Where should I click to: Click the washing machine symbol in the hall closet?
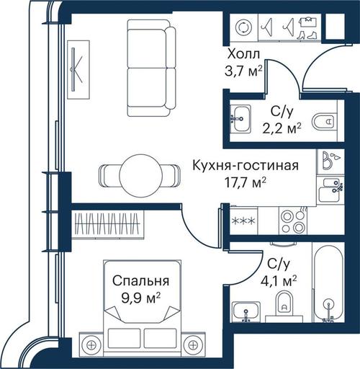click(x=243, y=27)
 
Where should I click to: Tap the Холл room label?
click(x=243, y=54)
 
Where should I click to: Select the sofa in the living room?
click(x=151, y=68)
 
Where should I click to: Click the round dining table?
click(x=141, y=175)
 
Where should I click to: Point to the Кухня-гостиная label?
click(x=246, y=166)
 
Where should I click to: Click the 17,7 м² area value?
click(x=245, y=183)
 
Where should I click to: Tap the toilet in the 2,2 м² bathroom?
click(x=324, y=121)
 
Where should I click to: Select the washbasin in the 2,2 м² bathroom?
click(x=240, y=119)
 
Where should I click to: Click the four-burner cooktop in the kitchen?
click(x=293, y=221)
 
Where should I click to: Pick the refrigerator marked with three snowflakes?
click(x=243, y=221)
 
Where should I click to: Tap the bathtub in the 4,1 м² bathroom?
click(x=328, y=283)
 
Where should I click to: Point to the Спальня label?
click(x=141, y=281)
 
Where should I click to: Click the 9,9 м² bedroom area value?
click(x=141, y=299)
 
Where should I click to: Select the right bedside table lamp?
click(x=193, y=345)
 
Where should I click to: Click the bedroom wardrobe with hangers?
click(x=107, y=225)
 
